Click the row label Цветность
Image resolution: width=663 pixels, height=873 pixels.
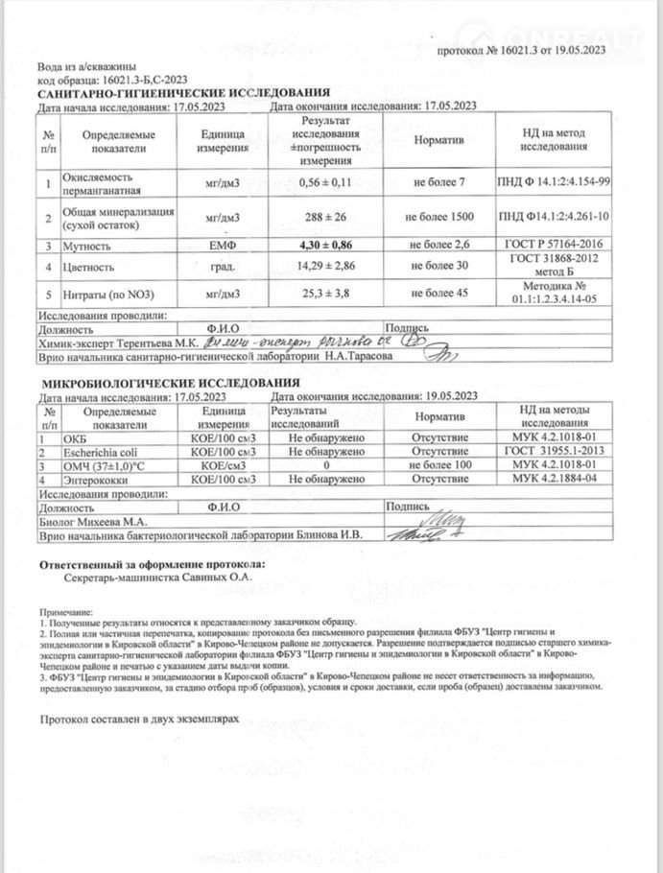coord(89,268)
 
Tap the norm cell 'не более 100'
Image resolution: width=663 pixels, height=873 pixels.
coord(442,464)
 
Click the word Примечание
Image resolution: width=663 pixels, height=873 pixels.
coord(66,612)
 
